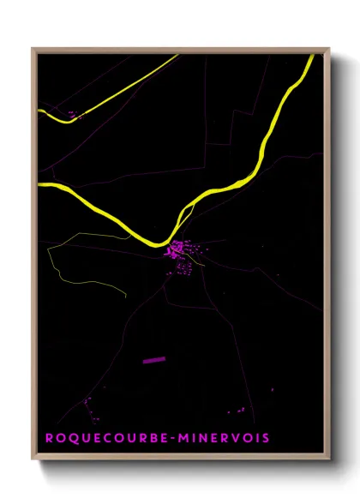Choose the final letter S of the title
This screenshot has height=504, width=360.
[266, 438]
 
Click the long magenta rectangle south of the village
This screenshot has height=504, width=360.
[153, 361]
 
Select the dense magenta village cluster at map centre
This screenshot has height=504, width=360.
[177, 249]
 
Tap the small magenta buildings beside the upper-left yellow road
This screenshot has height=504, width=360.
[71, 112]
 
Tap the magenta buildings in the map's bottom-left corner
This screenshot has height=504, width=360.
[87, 402]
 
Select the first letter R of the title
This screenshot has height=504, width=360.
[50, 438]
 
